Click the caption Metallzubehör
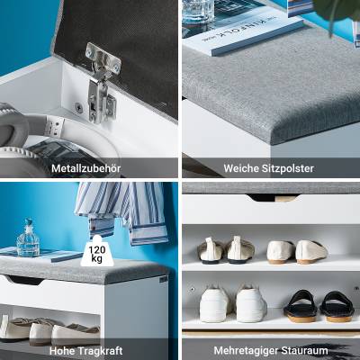coord(86,168)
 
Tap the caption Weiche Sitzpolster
coord(269,168)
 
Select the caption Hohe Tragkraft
coord(86,351)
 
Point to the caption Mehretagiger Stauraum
coord(271,351)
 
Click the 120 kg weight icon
coord(97,251)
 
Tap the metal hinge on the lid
coord(102,83)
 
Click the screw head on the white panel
coord(78,107)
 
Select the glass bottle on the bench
coord(28,238)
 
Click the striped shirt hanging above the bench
coord(121,210)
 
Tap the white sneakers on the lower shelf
coord(233,304)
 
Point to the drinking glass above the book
coord(198,12)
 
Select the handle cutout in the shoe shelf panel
coord(273,198)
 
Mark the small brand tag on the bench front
coord(163,280)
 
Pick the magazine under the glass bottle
coord(42,255)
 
